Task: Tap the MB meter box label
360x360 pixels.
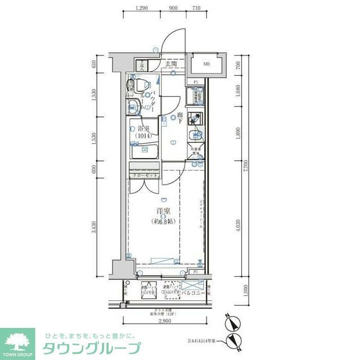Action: pyautogui.click(x=206, y=64)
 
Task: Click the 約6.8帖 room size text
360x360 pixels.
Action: pyautogui.click(x=164, y=222)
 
